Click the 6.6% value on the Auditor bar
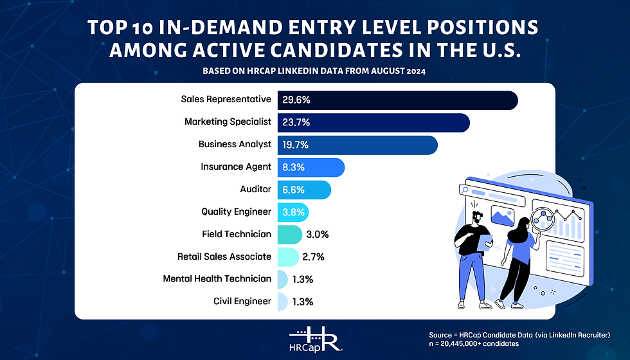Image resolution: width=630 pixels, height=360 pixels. point(292,190)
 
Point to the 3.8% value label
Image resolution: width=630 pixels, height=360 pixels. point(292,212)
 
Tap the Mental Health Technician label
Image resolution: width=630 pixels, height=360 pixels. point(217,279)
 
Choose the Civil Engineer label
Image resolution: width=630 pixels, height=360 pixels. point(242,301)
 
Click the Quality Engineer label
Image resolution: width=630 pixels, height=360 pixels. point(236,212)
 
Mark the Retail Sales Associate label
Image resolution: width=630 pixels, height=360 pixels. point(224,256)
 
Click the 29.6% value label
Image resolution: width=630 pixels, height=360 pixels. point(296,100)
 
